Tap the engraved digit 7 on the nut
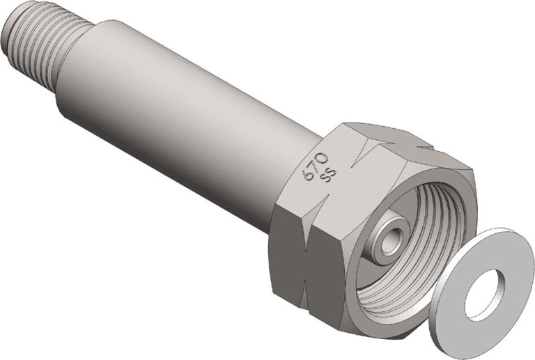pyautogui.click(x=314, y=164)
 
